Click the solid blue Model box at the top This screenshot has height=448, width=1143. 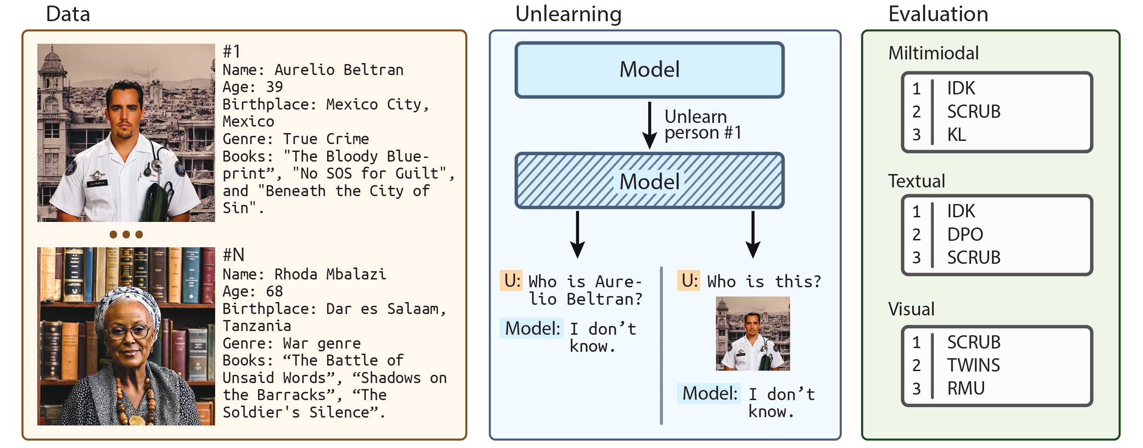pyautogui.click(x=650, y=70)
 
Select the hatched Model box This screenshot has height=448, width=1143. pyautogui.click(x=650, y=180)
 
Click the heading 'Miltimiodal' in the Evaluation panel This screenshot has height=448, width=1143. pyautogui.click(x=933, y=53)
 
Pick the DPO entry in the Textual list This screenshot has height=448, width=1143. pyautogui.click(x=965, y=234)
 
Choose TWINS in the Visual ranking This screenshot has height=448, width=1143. pyautogui.click(x=973, y=365)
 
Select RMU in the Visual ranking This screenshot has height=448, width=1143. pyautogui.click(x=966, y=388)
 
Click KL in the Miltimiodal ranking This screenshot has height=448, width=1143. pyautogui.click(x=956, y=134)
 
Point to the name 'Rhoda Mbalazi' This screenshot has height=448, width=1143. pyautogui.click(x=330, y=274)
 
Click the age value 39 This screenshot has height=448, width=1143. pyautogui.click(x=275, y=87)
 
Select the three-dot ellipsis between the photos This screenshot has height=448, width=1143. pyautogui.click(x=126, y=234)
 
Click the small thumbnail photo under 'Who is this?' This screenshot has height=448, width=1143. pyautogui.click(x=753, y=333)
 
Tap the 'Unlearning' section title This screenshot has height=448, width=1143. pyautogui.click(x=569, y=14)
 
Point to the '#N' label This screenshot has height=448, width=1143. pyautogui.click(x=234, y=255)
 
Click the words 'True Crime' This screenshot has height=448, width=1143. pyautogui.click(x=326, y=139)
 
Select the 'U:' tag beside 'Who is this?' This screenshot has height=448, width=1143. pyautogui.click(x=689, y=280)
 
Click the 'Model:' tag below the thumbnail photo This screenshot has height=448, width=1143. pyautogui.click(x=709, y=393)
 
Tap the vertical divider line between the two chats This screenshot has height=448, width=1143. pyautogui.click(x=662, y=345)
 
